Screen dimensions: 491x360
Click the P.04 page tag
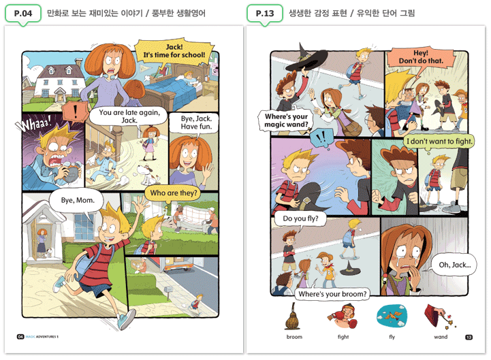point(23,13)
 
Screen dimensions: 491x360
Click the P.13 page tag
point(265,13)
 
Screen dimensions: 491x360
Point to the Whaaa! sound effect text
point(34,123)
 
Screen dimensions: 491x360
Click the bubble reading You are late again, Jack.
point(129,117)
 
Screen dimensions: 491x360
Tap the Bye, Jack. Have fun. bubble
point(196,123)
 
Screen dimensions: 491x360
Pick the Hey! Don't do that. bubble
point(421,59)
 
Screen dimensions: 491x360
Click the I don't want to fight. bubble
point(439,142)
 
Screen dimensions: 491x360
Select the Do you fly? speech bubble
point(300,219)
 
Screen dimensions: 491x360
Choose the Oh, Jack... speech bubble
point(454,265)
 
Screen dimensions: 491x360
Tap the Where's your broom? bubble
point(332,293)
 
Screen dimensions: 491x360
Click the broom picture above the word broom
point(292,317)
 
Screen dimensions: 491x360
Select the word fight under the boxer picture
point(343,337)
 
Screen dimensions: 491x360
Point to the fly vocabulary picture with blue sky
point(392,316)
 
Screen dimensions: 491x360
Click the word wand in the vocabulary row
point(441,337)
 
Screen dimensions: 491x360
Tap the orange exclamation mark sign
point(75,112)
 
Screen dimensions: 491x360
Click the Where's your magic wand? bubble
point(286,120)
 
